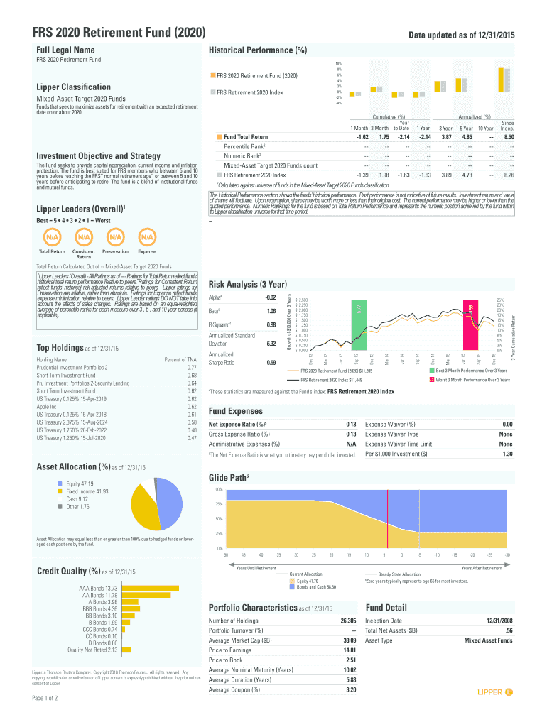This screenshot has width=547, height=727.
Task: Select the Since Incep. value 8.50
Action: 508,137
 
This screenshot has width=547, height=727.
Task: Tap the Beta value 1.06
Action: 271,311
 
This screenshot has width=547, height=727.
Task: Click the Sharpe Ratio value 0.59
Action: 271,363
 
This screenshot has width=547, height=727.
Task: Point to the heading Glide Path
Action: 228,479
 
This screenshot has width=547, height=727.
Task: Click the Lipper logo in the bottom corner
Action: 495,692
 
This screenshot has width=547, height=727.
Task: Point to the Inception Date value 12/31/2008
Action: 499,621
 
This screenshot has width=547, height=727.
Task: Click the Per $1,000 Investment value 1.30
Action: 507,454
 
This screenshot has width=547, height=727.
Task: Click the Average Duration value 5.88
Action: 349,679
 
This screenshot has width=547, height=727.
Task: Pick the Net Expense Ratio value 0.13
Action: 350,425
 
